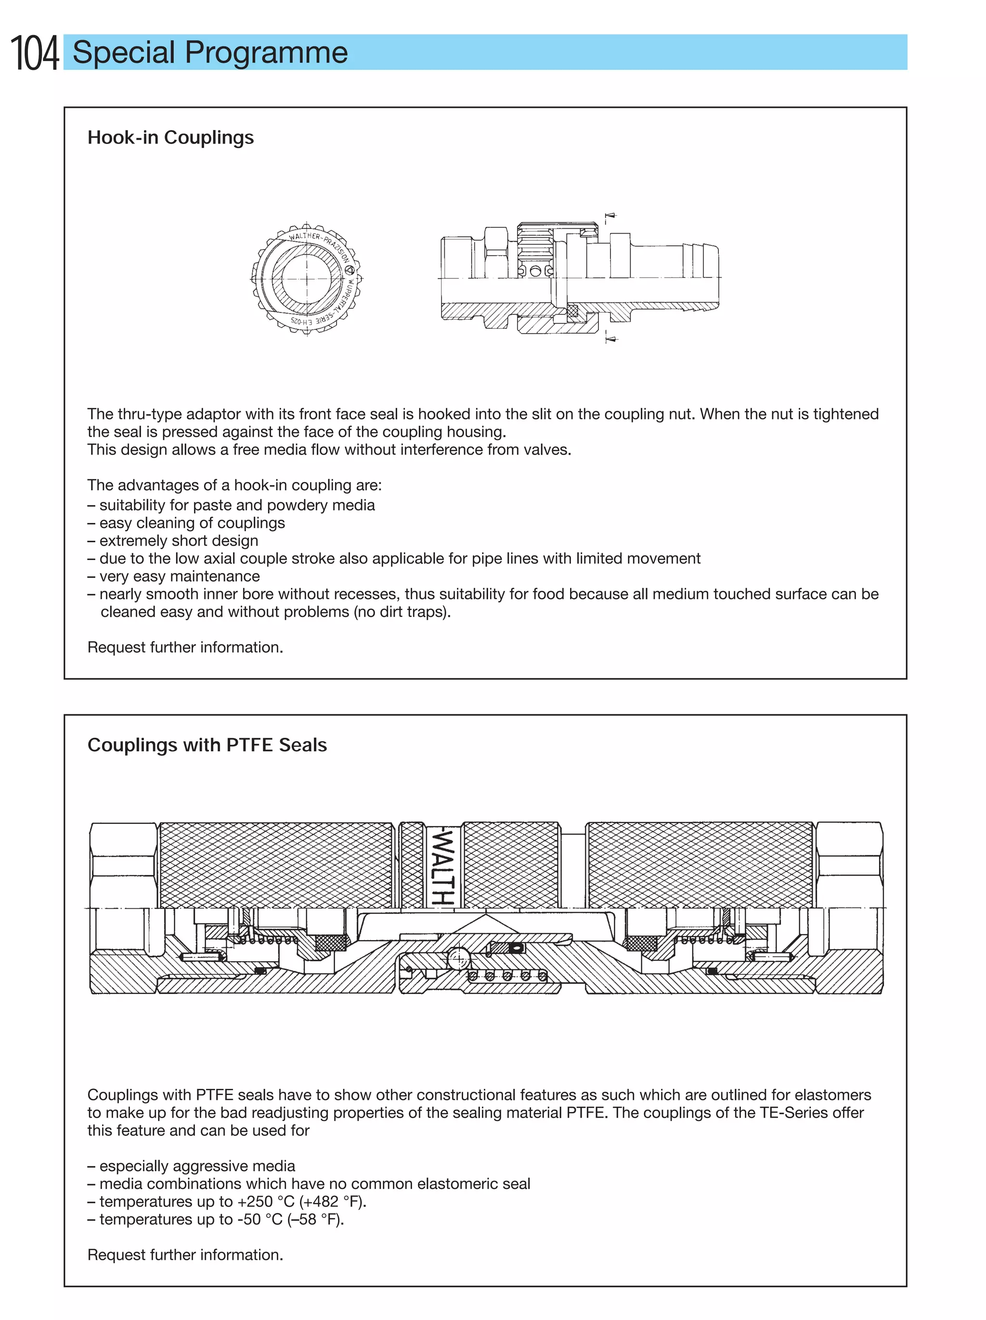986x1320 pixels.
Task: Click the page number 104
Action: point(35,53)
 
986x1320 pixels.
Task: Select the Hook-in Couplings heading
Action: point(170,137)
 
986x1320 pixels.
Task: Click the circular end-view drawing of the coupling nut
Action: point(307,279)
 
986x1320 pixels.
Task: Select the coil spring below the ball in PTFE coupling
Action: point(507,976)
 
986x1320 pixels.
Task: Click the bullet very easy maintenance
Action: point(179,576)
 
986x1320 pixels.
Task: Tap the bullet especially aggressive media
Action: point(197,1165)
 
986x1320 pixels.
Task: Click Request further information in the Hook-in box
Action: point(185,647)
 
